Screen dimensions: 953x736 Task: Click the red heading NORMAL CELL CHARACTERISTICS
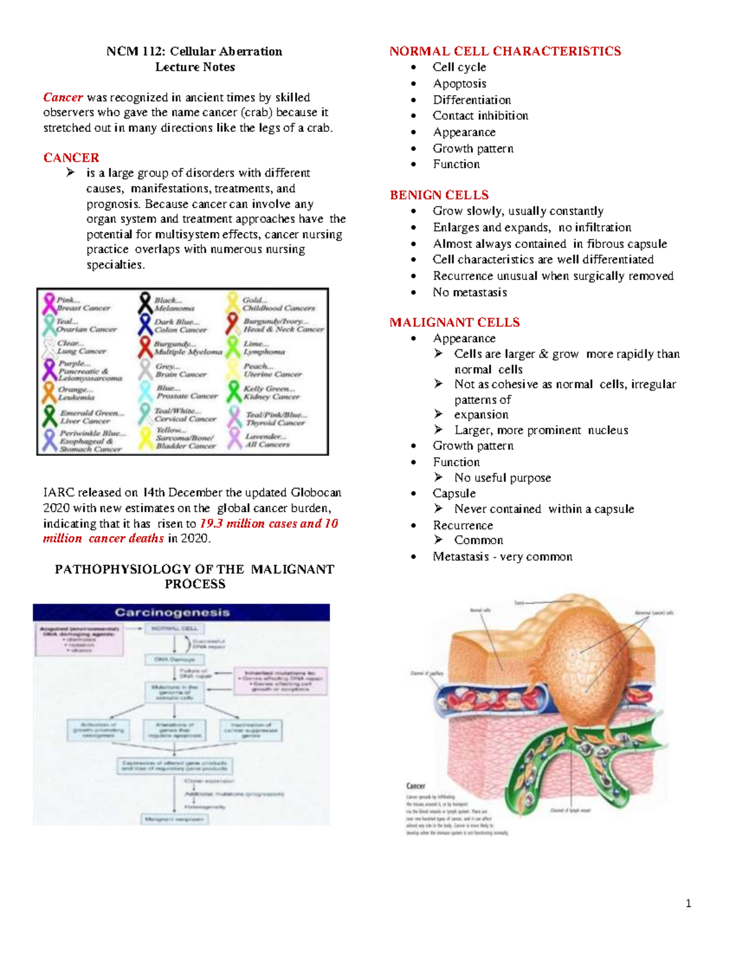(505, 51)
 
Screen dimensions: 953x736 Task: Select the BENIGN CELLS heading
(439, 195)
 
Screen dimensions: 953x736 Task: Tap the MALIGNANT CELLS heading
(454, 322)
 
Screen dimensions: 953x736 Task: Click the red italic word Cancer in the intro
(63, 98)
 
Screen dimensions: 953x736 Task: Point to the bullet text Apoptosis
(459, 83)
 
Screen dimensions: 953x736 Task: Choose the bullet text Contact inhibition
(480, 115)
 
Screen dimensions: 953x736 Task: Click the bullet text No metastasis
(470, 292)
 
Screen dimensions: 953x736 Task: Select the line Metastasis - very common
(502, 557)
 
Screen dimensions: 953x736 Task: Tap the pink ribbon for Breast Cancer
(48, 303)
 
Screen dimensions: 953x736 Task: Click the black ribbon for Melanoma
(145, 303)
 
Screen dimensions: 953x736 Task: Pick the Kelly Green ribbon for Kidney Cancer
(234, 392)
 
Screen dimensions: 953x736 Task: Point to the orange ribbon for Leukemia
(48, 392)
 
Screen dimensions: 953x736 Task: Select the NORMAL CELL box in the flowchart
(174, 628)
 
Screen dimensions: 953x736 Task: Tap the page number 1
(688, 903)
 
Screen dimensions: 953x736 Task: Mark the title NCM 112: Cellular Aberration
(194, 51)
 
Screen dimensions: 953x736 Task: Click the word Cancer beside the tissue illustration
(415, 785)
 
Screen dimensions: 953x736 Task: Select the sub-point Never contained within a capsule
(544, 509)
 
